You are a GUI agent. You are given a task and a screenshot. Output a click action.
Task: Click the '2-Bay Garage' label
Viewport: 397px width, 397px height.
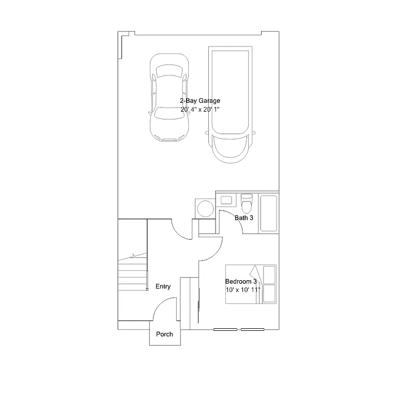[200, 101]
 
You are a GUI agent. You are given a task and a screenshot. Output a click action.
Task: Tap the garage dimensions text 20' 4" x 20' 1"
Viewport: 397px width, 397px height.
[200, 110]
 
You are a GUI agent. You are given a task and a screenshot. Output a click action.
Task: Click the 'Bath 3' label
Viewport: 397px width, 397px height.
[244, 218]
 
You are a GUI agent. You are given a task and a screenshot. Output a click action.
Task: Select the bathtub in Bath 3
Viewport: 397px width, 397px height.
[268, 213]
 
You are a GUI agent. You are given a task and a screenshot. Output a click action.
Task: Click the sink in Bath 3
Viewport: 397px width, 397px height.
[226, 200]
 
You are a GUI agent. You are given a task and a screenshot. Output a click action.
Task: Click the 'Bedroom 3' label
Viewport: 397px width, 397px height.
[241, 281]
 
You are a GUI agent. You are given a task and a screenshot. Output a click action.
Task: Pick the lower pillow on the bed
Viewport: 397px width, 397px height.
[269, 293]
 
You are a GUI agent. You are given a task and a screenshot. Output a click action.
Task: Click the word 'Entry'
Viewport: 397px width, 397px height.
[163, 287]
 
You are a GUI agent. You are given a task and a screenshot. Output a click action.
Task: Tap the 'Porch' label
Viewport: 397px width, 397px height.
[164, 334]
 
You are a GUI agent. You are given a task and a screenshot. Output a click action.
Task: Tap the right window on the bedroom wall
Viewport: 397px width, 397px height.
[252, 329]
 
